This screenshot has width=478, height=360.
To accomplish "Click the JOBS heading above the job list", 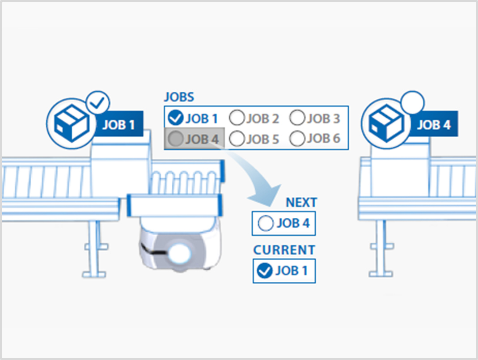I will pos(179,97).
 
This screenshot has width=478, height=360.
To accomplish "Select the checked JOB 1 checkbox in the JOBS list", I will pos(174,118).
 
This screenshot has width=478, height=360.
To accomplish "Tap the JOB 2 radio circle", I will pos(237,118).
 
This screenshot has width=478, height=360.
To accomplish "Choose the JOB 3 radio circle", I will pos(297,118).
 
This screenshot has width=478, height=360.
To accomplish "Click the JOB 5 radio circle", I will pos(237,139).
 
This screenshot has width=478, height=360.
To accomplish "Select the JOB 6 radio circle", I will pos(297,139).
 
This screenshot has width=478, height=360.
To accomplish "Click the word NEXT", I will pos(301,202).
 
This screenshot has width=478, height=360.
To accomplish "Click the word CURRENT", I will pos(284,250).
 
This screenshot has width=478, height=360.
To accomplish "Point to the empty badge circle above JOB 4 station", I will pos(412,103).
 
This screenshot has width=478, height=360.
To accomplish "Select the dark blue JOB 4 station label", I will pos(433,124).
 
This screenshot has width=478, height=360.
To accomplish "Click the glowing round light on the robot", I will pos(181,253).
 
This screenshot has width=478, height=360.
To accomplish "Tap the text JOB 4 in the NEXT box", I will pos(292,223).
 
